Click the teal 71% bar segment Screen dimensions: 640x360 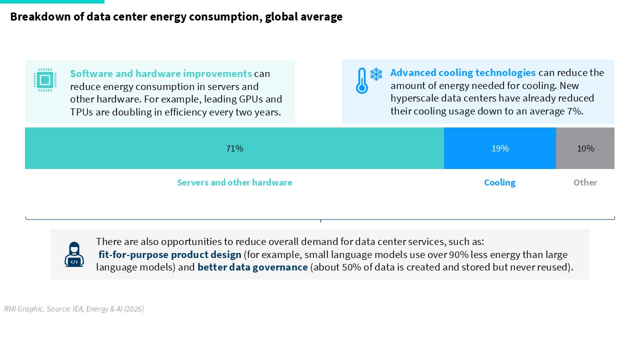(x=234, y=148)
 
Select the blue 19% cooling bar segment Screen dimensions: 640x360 (x=500, y=148)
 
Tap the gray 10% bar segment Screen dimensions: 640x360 (x=585, y=148)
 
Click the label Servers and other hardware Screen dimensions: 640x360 (x=234, y=182)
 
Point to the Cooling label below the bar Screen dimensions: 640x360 (x=499, y=182)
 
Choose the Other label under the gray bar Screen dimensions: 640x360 (x=585, y=182)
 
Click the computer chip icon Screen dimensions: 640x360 (x=45, y=80)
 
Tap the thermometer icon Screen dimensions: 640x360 (x=361, y=80)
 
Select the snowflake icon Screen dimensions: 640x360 (x=376, y=74)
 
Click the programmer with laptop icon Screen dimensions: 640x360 (x=74, y=254)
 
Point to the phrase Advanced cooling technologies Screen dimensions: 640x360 (x=463, y=72)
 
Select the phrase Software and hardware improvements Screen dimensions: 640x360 (x=161, y=73)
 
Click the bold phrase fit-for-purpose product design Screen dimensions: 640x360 (x=169, y=254)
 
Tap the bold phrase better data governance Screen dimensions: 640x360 (x=252, y=267)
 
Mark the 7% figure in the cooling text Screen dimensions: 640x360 (x=575, y=111)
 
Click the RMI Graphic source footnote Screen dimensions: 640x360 (x=73, y=309)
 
